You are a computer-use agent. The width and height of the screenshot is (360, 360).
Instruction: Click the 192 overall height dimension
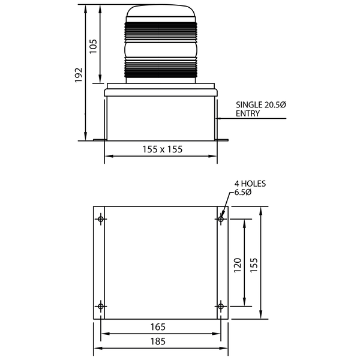click(79, 75)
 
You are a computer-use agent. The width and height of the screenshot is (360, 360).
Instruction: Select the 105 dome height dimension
click(93, 46)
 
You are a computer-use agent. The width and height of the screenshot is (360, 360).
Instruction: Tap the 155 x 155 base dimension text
click(163, 149)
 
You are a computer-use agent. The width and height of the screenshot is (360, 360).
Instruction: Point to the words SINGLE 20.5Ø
click(261, 105)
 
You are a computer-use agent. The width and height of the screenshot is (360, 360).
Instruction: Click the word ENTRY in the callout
click(248, 113)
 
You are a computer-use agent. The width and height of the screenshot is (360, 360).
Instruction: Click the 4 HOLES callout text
click(250, 184)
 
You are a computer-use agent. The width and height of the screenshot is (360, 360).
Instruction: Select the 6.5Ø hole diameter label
click(242, 192)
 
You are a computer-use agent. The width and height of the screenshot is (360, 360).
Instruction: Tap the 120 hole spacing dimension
click(238, 265)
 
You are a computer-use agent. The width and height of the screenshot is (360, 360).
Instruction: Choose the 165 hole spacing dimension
click(158, 327)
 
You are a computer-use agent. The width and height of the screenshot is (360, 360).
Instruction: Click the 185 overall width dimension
click(158, 341)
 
